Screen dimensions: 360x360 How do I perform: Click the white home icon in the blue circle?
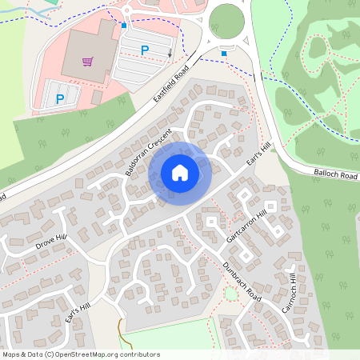click(x=180, y=172)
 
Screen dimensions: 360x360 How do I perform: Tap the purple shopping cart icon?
click(x=87, y=61)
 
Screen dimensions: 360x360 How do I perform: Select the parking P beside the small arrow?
click(x=145, y=50)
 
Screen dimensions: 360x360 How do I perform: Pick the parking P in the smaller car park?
click(x=60, y=98)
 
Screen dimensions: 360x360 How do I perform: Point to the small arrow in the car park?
click(x=170, y=54)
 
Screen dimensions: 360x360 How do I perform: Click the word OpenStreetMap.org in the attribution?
click(x=81, y=354)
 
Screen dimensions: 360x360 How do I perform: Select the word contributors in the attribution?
click(x=135, y=354)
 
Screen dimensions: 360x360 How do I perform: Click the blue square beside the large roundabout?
click(x=224, y=54)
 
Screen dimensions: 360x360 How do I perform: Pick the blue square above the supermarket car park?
click(x=123, y=26)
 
